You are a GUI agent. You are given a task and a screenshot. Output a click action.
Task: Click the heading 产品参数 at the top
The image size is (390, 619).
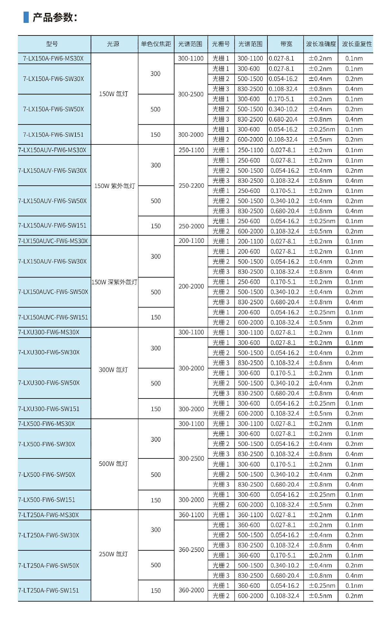coord(55,17)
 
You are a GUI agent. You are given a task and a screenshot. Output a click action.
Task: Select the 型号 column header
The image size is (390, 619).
coord(52,44)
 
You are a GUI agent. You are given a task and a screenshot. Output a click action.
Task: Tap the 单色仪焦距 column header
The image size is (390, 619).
coord(156,44)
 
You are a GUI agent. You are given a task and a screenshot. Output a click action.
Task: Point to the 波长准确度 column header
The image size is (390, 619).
coord(321,44)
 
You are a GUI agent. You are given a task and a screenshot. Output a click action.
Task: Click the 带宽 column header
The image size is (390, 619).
coord(286,44)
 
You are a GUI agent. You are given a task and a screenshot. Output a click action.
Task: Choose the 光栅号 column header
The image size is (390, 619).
coord(221,44)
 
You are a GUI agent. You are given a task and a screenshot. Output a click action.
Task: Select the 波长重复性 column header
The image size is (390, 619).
coord(356,44)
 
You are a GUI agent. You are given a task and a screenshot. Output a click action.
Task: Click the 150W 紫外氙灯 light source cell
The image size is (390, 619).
coord(115,186)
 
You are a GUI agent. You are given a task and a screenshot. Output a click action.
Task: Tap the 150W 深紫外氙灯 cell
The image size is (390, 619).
coord(115,282)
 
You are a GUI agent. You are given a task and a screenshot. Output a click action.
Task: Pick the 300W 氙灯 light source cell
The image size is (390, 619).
coord(113,370)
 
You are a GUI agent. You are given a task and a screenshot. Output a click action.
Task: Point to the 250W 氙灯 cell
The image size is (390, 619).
coord(113,554)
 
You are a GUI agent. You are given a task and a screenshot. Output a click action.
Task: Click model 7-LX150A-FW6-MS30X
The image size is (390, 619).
coord(53,59)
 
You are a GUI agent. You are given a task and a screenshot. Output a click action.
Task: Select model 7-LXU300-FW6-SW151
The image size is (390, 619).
coord(49,409)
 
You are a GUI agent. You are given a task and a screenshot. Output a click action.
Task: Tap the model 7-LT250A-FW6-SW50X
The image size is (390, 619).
coord(49,565)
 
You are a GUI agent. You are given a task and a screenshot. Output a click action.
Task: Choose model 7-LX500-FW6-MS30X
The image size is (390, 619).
coord(46,424)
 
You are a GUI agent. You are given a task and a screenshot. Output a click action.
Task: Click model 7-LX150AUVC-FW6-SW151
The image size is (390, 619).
coord(53,317)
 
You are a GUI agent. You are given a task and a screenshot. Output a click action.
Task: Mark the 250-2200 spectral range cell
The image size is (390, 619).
coord(191,186)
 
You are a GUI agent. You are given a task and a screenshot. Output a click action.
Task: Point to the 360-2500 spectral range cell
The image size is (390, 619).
coord(191,550)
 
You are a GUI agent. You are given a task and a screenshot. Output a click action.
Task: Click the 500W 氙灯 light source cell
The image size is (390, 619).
coord(113,464)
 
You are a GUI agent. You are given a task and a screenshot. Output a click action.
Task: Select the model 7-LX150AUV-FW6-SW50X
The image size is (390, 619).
coord(52,201)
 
